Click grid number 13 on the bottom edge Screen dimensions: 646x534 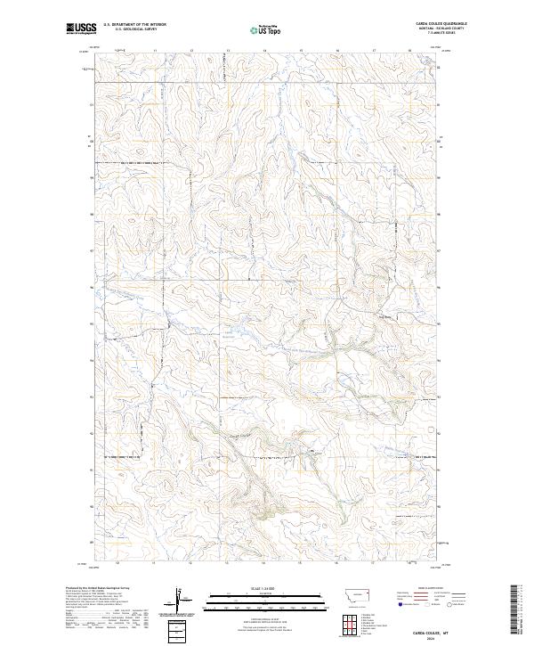click(x=227, y=563)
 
